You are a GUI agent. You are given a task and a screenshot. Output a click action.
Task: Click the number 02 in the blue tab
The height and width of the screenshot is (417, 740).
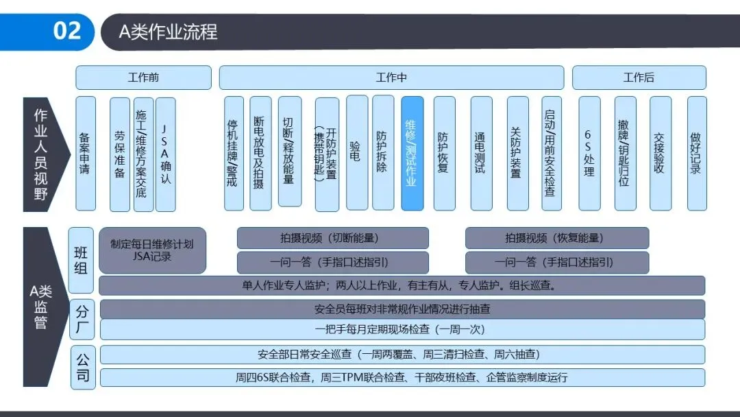[x=66, y=31]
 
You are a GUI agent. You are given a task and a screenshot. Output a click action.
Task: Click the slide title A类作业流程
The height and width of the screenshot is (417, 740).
[x=168, y=32]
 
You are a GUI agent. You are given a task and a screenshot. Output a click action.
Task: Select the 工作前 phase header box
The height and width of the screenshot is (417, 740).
[x=143, y=78]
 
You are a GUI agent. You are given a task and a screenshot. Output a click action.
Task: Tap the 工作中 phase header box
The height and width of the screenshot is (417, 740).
[x=391, y=78]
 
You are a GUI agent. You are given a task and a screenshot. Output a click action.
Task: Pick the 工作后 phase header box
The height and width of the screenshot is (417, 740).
[x=639, y=78]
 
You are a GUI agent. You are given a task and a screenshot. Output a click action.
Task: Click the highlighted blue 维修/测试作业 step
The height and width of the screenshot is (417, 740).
[x=412, y=153]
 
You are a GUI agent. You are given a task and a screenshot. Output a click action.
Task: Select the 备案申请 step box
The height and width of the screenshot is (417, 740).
[x=86, y=153]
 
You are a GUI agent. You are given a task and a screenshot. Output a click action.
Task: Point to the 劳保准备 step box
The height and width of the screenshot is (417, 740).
[x=120, y=153]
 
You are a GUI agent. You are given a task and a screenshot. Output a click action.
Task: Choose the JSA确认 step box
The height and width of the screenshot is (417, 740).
[x=165, y=153]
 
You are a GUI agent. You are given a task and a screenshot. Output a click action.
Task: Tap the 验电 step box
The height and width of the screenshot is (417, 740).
[x=357, y=153]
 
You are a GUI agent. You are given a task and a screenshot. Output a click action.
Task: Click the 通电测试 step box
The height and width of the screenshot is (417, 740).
[x=481, y=153]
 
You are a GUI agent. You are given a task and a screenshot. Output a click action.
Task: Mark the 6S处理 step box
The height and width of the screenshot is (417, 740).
[x=589, y=153]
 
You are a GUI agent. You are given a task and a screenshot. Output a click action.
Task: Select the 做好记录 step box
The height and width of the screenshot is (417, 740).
[x=696, y=153]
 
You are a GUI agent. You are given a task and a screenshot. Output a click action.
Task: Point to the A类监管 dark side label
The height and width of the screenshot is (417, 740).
[x=42, y=307]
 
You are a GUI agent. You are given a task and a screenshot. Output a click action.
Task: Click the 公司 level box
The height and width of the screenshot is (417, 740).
[x=82, y=366]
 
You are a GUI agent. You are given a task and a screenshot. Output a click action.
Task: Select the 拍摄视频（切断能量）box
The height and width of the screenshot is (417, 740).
[x=332, y=238]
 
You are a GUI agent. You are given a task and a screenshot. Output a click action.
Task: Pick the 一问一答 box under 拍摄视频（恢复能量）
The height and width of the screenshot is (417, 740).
[x=556, y=262]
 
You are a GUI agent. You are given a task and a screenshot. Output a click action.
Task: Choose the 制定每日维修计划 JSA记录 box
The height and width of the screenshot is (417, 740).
[x=152, y=250]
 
